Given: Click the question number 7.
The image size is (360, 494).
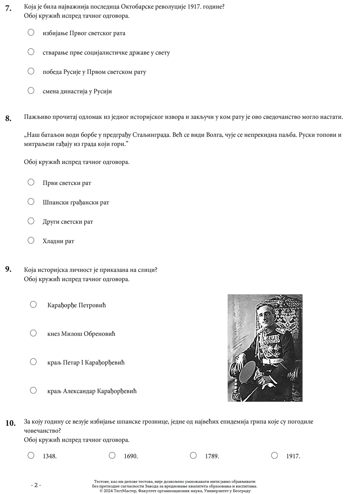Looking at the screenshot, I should [x=8, y=7].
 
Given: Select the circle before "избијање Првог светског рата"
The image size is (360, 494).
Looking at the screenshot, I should [x=31, y=33].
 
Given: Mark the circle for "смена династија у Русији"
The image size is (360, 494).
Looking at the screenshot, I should [x=31, y=91].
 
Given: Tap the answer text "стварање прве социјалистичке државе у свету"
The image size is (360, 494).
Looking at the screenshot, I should [x=106, y=52].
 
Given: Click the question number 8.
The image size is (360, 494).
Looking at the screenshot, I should [x=8, y=118].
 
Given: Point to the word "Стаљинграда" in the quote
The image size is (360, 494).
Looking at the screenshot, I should [x=150, y=135].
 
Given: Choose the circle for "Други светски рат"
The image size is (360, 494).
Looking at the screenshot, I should [x=31, y=221].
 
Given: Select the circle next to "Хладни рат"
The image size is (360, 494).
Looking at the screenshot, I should [x=31, y=240].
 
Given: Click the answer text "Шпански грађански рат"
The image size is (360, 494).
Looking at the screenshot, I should [x=76, y=202].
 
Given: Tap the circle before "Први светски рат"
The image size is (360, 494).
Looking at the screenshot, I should [x=31, y=182].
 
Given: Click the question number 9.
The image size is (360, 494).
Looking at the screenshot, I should [x=8, y=269].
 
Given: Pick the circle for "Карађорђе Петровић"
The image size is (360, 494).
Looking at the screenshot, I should [x=33, y=304].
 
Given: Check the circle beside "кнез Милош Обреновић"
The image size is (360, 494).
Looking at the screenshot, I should [x=33, y=333].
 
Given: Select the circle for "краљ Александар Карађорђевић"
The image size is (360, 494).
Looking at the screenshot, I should [x=33, y=391].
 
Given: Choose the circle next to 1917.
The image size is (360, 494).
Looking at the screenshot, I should [x=274, y=455].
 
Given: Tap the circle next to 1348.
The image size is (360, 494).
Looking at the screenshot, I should [x=31, y=455].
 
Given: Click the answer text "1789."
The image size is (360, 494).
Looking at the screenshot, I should [x=212, y=456].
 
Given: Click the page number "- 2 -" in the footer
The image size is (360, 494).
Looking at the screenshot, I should [x=36, y=485].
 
